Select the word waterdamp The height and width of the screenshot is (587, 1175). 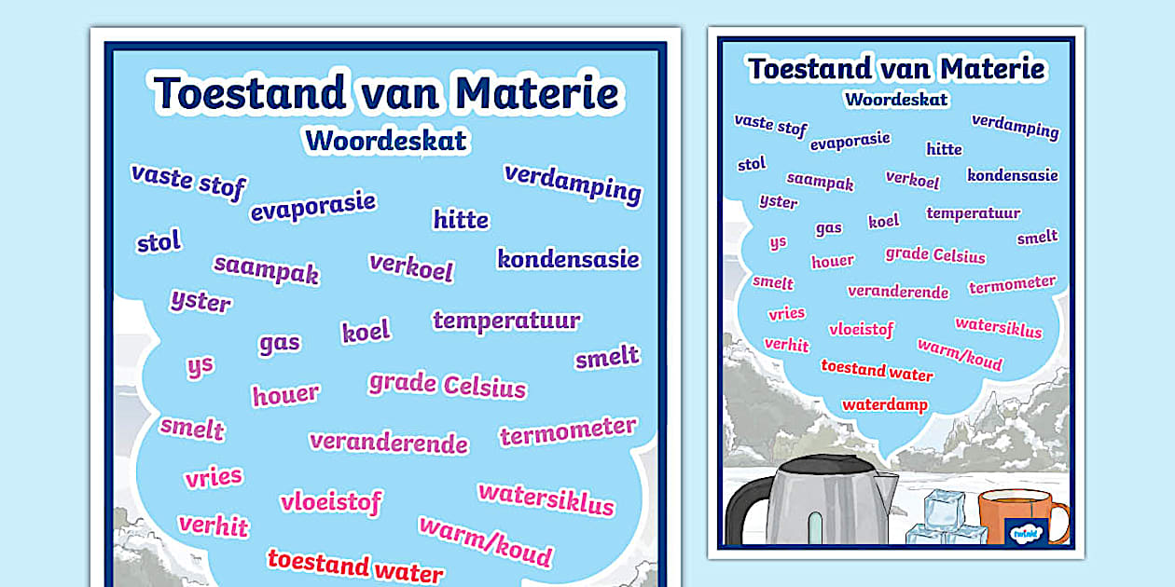coord(885,405)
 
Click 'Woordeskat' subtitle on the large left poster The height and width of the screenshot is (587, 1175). coord(385,141)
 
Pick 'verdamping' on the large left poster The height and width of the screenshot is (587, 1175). coord(573,183)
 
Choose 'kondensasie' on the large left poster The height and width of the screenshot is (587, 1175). coord(568,259)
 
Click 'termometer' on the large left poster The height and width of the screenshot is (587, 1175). coord(568,431)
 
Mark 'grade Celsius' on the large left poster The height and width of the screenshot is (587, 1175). coord(447,384)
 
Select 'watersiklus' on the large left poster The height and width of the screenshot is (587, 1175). coord(546,498)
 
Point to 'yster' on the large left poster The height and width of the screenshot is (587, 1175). coord(200,301)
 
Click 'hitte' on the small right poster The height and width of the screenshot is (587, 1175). coord(944,149)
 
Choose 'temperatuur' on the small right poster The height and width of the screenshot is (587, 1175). coord(974,213)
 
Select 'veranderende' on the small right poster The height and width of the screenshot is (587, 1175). coord(897,292)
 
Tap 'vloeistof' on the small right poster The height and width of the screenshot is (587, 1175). coord(861,329)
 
